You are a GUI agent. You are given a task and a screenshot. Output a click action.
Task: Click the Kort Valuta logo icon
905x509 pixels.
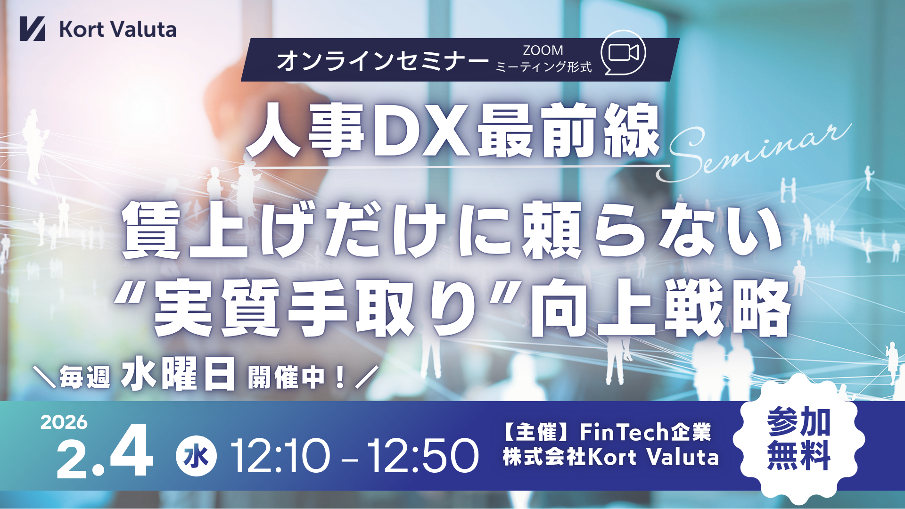click(32, 29)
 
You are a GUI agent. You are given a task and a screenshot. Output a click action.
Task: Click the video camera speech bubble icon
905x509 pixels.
click(623, 53)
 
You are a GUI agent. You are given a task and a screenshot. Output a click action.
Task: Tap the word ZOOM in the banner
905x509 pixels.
click(543, 50)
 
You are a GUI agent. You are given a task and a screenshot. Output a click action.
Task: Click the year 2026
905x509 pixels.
click(64, 422)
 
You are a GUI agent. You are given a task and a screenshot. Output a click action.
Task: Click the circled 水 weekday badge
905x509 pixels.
click(196, 456)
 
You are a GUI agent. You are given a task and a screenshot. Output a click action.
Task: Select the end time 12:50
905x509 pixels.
click(423, 456)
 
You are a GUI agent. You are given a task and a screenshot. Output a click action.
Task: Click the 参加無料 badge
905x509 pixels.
click(799, 439)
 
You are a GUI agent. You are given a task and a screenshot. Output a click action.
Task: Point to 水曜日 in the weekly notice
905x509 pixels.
click(178, 375)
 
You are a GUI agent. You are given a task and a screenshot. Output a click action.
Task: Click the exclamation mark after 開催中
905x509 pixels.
click(339, 378)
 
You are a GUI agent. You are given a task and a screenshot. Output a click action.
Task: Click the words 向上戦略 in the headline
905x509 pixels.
click(660, 308)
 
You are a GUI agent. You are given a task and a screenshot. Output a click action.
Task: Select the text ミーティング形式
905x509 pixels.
click(543, 67)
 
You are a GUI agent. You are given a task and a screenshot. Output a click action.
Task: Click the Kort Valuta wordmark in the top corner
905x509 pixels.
click(118, 29)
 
